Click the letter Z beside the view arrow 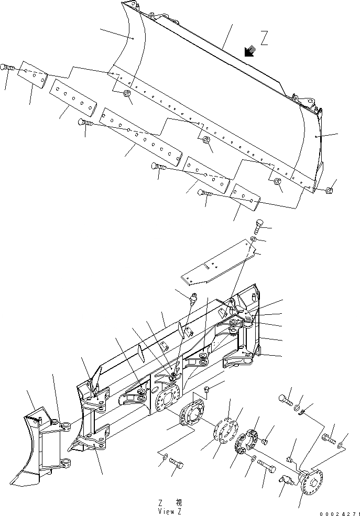[265, 39]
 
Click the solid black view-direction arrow [249, 51]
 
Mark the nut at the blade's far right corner [329, 190]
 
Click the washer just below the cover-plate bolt [253, 239]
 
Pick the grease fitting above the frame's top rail [193, 300]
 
